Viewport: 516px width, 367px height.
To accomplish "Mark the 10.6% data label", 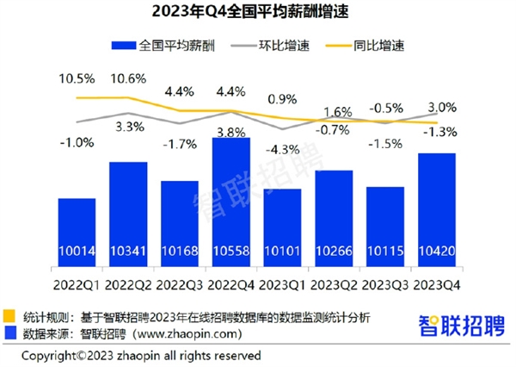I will click(x=128, y=79).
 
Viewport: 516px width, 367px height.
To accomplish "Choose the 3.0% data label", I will click(x=435, y=107).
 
